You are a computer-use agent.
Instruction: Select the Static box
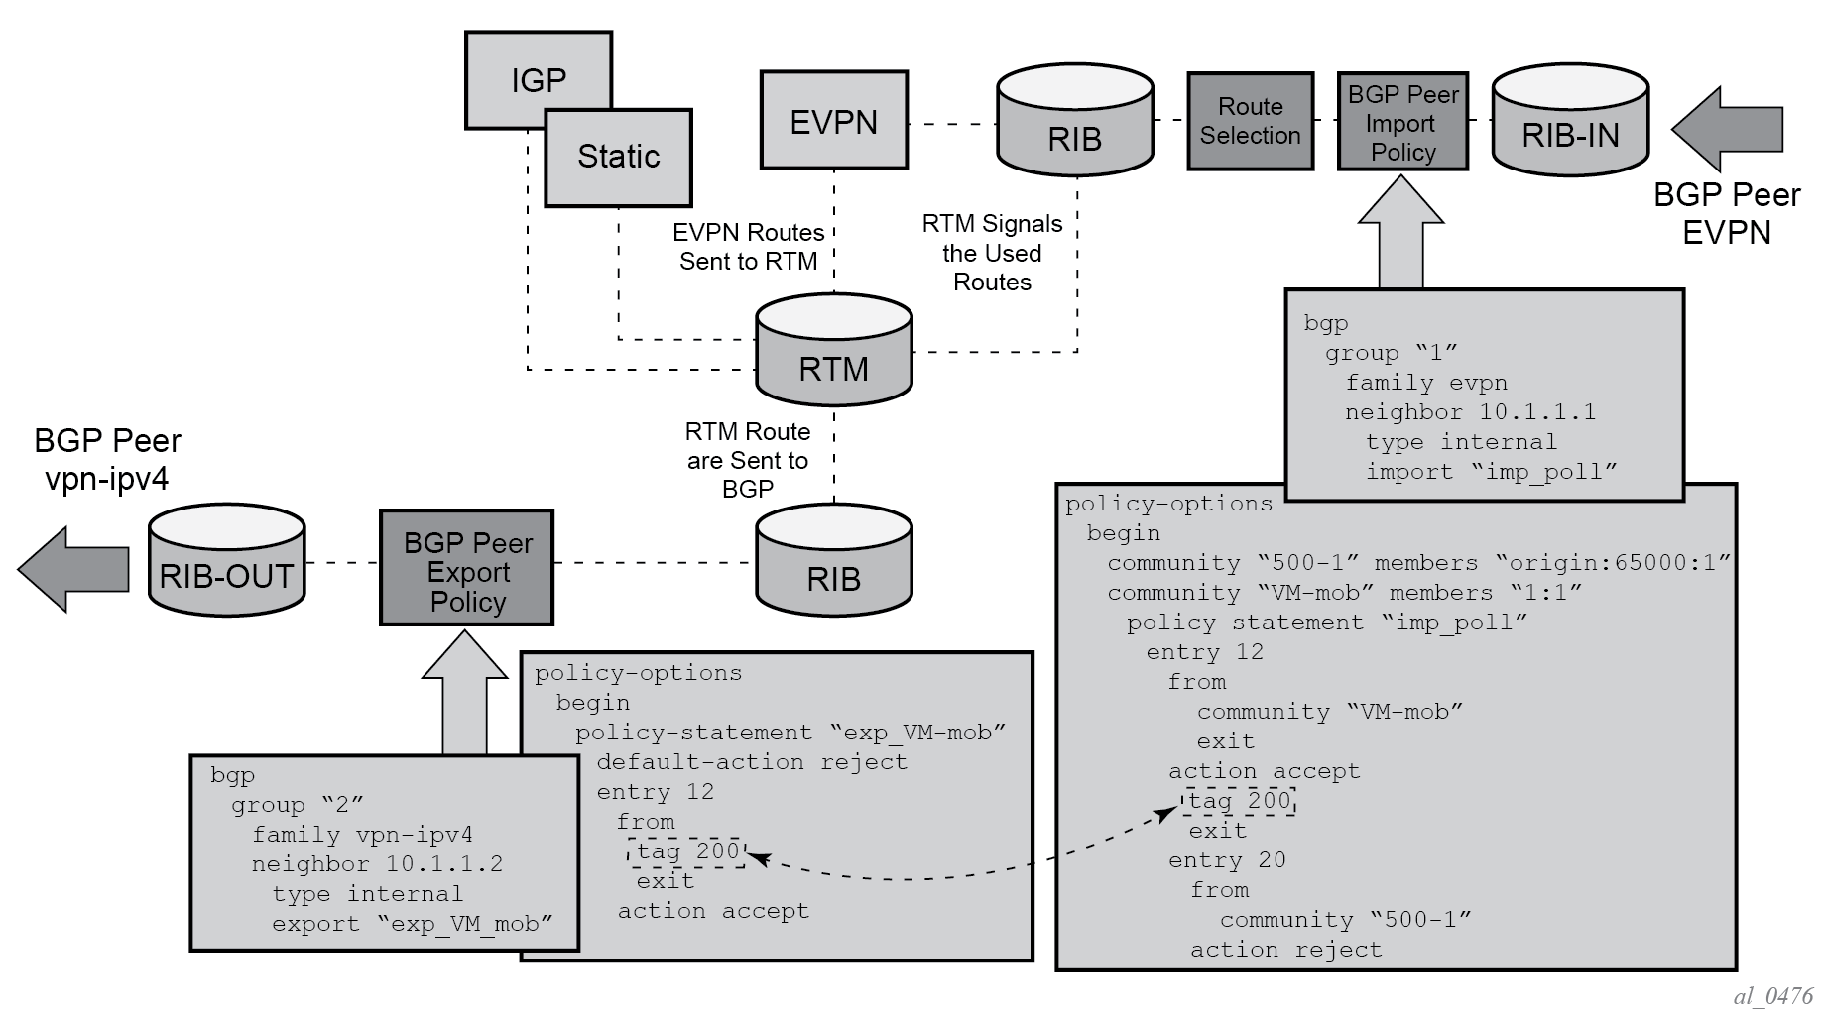coord(618,158)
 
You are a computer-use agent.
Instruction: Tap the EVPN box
coord(833,120)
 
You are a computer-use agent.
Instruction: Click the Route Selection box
coord(1250,121)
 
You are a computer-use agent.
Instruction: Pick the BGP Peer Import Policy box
coord(1402,122)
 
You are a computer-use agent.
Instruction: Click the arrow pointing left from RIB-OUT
coord(73,569)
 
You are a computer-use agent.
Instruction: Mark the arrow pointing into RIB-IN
coord(1727,129)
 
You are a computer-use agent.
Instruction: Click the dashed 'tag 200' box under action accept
coord(1240,801)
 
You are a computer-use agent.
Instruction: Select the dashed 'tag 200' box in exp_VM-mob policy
coord(686,851)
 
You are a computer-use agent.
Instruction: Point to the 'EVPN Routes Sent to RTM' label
coord(748,247)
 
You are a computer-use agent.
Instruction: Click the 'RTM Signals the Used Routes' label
coord(992,253)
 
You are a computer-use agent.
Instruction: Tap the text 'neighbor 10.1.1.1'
coord(1470,412)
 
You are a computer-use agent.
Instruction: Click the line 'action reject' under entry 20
coord(1285,950)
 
